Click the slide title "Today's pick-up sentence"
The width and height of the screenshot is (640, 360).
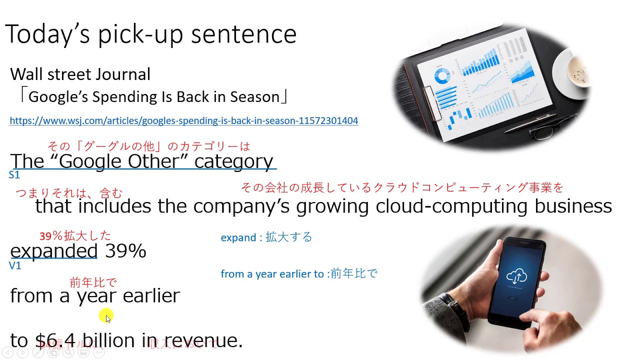[150, 34]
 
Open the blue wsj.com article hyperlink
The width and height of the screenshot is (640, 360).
[183, 121]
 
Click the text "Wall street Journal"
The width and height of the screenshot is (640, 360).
[80, 74]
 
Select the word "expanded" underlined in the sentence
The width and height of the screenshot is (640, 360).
[53, 250]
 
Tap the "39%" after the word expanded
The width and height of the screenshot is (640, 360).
[125, 250]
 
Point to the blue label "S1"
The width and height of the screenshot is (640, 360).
[14, 175]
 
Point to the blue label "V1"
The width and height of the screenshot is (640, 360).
[15, 266]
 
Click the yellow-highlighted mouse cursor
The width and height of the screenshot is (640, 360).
[106, 316]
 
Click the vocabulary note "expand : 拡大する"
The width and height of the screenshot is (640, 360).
[266, 237]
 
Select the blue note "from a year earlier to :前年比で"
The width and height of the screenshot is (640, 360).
[298, 274]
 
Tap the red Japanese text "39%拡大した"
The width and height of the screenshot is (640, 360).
[75, 235]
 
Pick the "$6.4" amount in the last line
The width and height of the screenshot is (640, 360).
[55, 340]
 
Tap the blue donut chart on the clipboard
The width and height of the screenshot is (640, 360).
[442, 76]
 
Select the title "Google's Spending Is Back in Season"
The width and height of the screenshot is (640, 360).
[153, 96]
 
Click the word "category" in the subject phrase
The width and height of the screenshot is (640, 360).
[233, 161]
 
